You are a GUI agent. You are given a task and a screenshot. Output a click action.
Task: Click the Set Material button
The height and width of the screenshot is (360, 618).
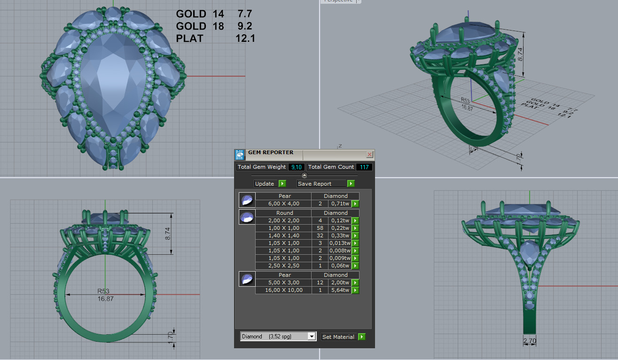pos(343,337)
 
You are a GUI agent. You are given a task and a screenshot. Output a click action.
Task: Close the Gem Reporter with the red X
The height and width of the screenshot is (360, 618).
pos(369,154)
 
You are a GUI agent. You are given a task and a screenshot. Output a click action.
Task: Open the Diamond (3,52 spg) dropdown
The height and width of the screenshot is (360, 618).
pos(311,337)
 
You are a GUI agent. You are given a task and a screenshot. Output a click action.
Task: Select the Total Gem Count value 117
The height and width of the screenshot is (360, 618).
pos(364,167)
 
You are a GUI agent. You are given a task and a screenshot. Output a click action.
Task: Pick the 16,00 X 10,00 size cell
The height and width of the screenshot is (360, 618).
pos(283,290)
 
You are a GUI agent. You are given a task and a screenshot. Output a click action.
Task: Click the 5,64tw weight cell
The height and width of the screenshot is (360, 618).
pos(339,290)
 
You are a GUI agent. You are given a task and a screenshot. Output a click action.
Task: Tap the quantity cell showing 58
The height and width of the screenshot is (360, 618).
pos(320,228)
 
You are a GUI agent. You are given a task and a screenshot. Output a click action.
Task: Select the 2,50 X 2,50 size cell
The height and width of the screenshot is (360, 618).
pos(283,266)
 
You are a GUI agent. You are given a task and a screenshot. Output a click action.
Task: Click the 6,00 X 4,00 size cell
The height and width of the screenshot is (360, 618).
pos(283,203)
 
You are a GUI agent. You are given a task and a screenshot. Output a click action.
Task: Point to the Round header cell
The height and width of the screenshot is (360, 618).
pos(285,213)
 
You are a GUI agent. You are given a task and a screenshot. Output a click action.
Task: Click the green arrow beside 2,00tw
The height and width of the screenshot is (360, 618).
pos(355,282)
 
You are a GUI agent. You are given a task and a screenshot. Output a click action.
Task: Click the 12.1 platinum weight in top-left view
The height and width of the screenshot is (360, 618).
pos(245,39)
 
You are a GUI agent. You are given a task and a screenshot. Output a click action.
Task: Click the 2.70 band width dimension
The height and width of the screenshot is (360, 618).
pos(530,341)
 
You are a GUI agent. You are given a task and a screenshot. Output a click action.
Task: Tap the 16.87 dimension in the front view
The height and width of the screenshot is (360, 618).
pos(105,298)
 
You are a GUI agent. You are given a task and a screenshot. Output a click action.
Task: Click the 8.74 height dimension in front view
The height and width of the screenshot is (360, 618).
pos(169,234)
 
